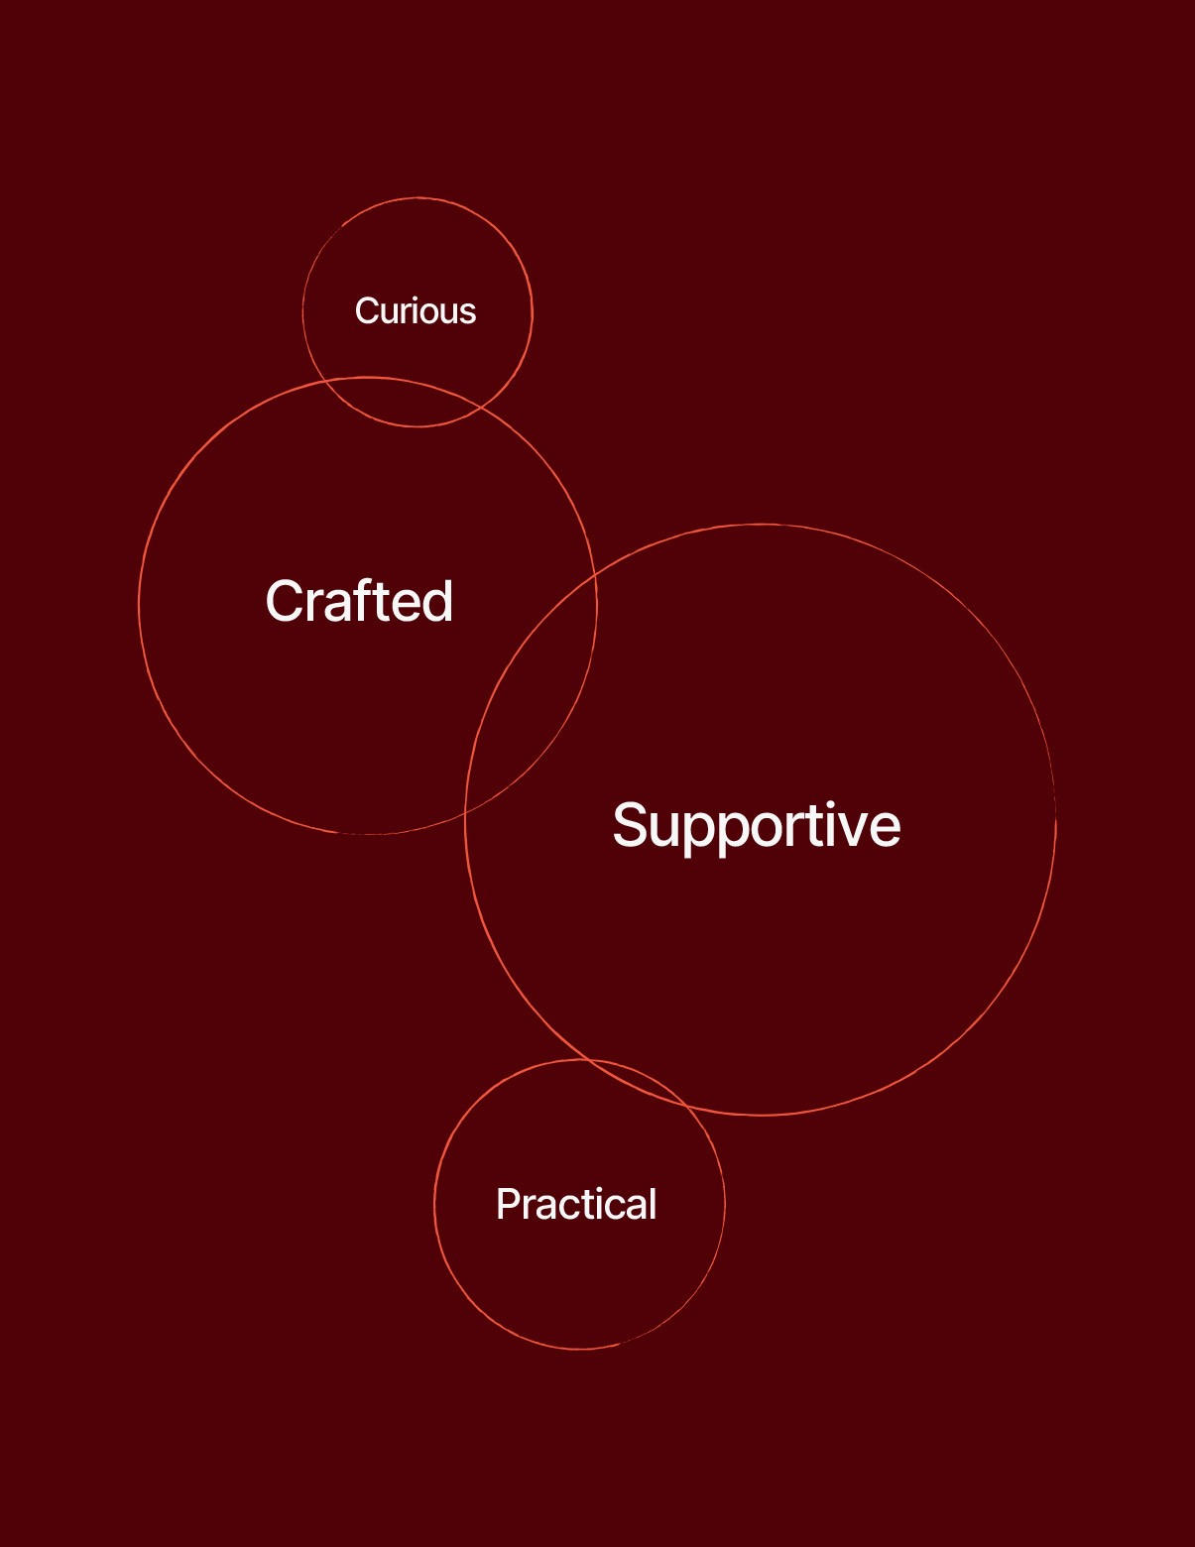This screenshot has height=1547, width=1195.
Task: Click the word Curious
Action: [x=416, y=311]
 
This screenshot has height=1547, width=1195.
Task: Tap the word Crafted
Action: [x=359, y=602]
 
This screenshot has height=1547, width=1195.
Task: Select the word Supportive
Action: [x=757, y=825]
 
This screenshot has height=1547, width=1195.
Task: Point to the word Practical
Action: [x=576, y=1205]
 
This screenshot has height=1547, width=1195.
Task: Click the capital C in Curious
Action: [x=366, y=311]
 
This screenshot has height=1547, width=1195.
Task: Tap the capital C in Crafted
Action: [x=285, y=602]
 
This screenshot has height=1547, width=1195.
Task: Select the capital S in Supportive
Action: [x=632, y=825]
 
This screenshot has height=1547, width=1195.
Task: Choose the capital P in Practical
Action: [x=508, y=1205]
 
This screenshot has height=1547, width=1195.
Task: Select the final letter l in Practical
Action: [x=652, y=1204]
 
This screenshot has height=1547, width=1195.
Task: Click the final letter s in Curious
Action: [x=467, y=313]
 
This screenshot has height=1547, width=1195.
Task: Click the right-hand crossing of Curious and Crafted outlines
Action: [x=480, y=407]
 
